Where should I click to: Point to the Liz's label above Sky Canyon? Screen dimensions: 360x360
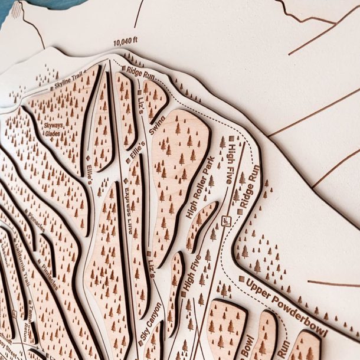pyautogui.click(x=151, y=266)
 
